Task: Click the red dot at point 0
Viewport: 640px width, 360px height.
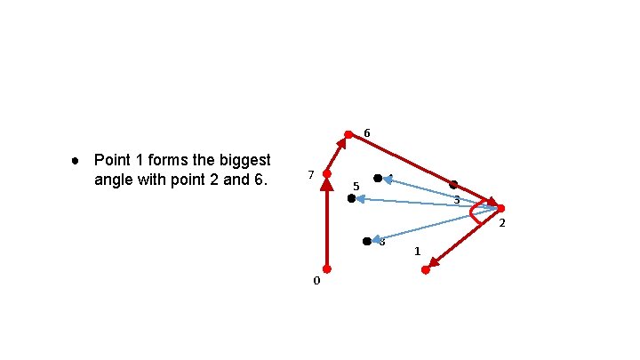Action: [326, 268]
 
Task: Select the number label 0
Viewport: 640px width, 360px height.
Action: [316, 281]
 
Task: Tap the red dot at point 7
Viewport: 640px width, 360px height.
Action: [326, 173]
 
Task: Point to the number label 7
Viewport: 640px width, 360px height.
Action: [310, 174]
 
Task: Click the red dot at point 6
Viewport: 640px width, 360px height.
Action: [348, 135]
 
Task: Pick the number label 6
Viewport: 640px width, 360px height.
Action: [366, 133]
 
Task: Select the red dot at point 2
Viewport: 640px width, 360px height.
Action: [500, 208]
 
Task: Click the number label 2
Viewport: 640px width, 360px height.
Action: [501, 222]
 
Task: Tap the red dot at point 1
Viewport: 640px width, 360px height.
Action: [425, 269]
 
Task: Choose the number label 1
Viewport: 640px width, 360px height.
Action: [417, 252]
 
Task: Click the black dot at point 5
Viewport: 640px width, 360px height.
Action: [351, 199]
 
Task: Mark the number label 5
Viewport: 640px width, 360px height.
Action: [356, 187]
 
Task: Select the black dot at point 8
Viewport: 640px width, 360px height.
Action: [367, 241]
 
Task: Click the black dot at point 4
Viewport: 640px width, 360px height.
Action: [378, 179]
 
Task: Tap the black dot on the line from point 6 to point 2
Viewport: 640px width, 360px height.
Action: [453, 185]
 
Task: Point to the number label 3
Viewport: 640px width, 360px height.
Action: [457, 200]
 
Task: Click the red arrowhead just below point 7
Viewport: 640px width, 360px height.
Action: [326, 185]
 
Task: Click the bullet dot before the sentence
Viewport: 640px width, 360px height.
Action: [76, 162]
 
